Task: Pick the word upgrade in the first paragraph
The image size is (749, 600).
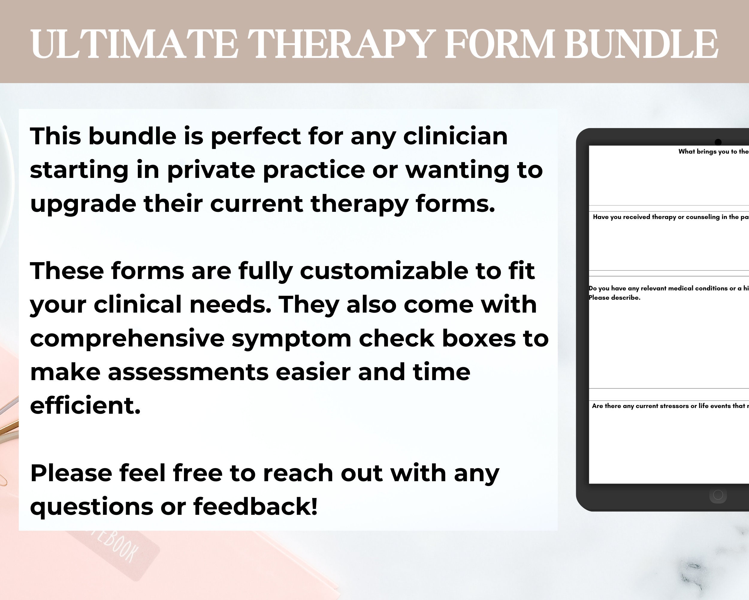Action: [83, 205]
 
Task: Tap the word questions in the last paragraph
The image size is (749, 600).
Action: [91, 507]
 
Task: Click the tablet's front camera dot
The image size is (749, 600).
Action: [718, 142]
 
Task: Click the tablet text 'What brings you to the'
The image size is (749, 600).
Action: [713, 152]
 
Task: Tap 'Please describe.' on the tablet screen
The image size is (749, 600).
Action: [614, 298]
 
